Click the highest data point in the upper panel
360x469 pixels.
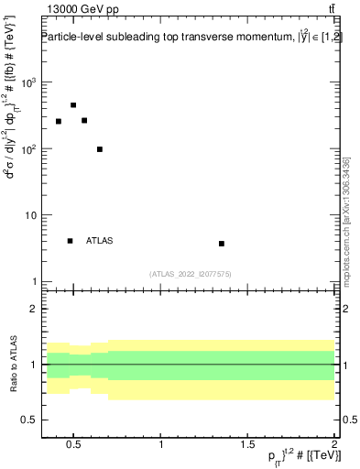pyautogui.click(x=73, y=105)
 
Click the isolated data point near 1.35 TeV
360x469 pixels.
pyautogui.click(x=222, y=244)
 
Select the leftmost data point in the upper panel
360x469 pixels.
pyautogui.click(x=59, y=121)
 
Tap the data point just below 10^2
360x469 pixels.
pyautogui.click(x=100, y=149)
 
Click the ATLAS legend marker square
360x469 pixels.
pyautogui.click(x=70, y=241)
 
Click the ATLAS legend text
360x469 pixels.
pyautogui.click(x=99, y=241)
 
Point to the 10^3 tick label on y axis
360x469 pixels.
pyautogui.click(x=28, y=82)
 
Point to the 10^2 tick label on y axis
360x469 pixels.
pyautogui.click(x=28, y=148)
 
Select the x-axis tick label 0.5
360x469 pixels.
pyautogui.click(x=74, y=446)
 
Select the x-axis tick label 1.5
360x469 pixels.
pyautogui.click(x=248, y=446)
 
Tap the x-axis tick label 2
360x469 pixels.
pyautogui.click(x=334, y=446)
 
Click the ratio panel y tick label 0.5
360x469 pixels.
pyautogui.click(x=30, y=420)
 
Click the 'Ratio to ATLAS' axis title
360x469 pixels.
pyautogui.click(x=12, y=364)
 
